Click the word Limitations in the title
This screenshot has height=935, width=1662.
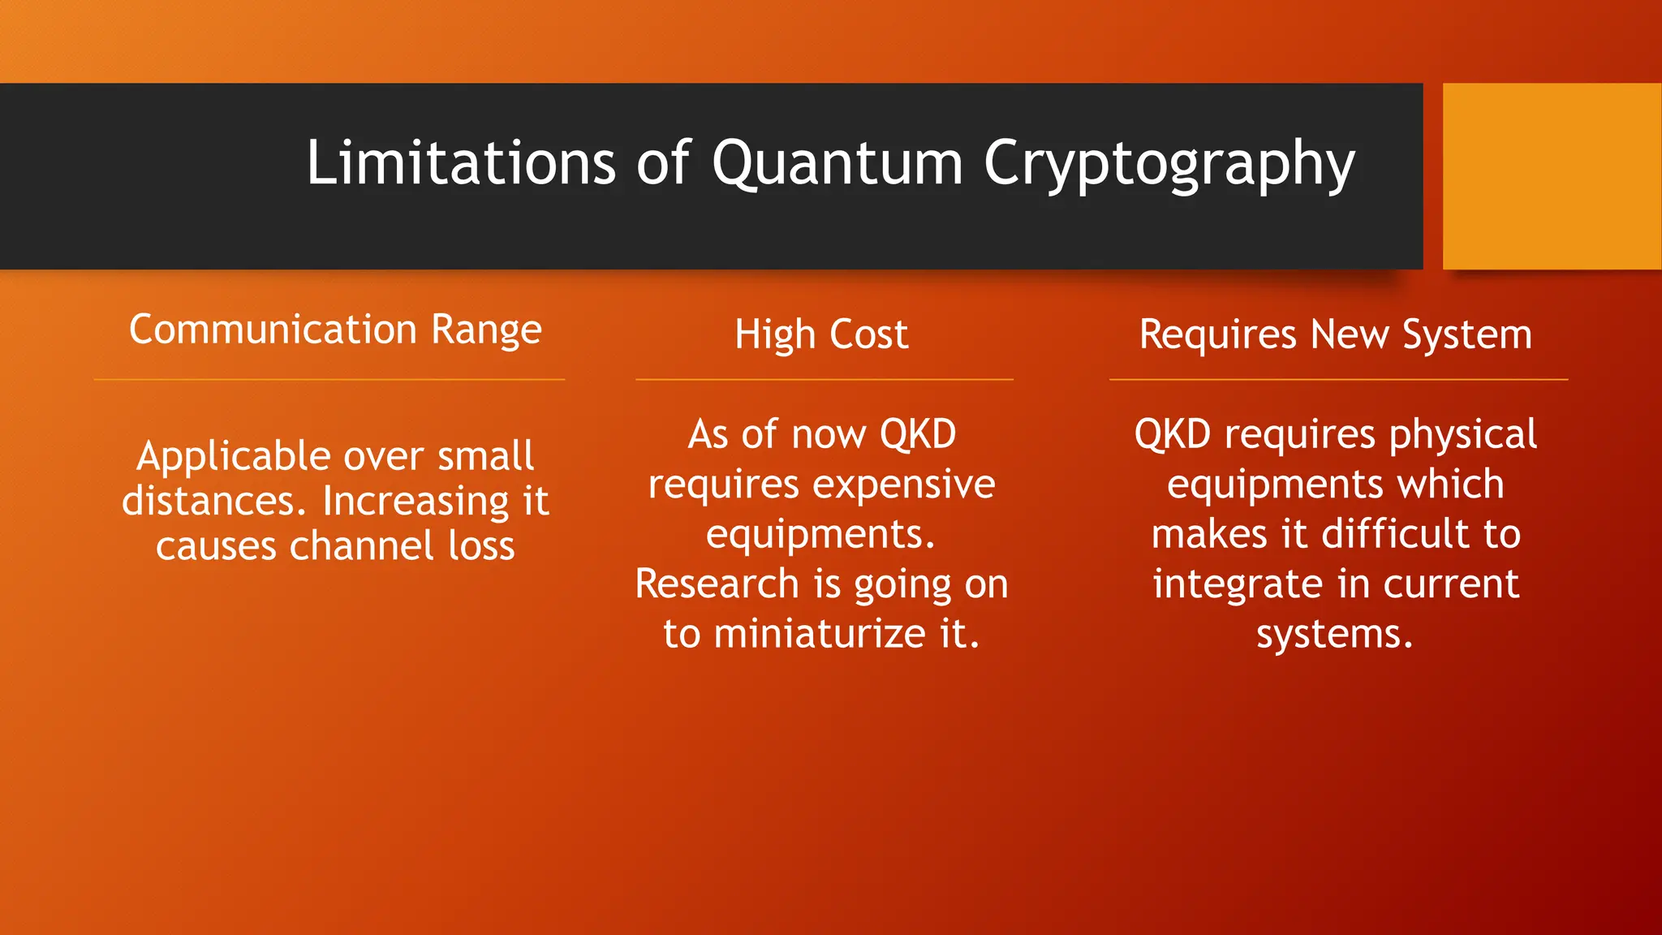460,163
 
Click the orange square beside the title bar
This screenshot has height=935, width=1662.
1552,176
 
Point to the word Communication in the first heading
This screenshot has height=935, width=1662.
273,330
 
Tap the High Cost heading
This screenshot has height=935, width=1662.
821,334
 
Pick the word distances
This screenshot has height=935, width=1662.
213,501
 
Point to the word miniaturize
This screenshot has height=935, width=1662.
819,634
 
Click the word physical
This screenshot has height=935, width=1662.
1462,435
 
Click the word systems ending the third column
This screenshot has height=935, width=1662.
1334,634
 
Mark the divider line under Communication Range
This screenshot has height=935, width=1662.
329,379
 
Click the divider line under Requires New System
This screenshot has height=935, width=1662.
1337,379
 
